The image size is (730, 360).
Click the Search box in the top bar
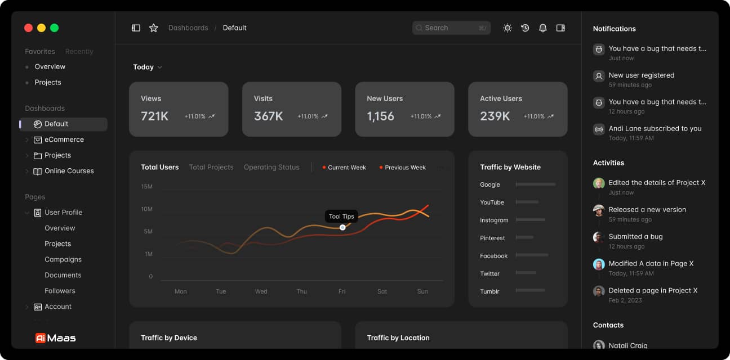point(451,28)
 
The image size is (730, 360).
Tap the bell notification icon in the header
point(542,28)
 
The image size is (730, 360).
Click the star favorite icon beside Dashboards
point(153,28)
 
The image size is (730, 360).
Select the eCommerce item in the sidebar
point(64,139)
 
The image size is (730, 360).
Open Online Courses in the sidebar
point(69,171)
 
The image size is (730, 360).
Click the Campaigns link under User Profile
point(63,259)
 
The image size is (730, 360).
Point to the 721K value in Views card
point(155,116)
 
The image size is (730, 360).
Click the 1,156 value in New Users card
point(381,116)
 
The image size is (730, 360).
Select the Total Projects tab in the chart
point(211,167)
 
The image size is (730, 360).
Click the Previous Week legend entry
point(404,168)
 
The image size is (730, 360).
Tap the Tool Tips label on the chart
point(341,217)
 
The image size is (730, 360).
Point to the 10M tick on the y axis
point(146,209)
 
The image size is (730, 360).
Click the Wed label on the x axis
point(261,291)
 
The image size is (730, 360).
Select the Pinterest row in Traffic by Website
point(492,238)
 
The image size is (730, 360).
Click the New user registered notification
point(641,75)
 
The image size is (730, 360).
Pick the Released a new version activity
point(647,210)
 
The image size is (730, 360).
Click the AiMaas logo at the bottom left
point(55,338)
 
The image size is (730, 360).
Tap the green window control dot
point(55,28)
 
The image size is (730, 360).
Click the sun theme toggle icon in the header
point(508,28)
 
